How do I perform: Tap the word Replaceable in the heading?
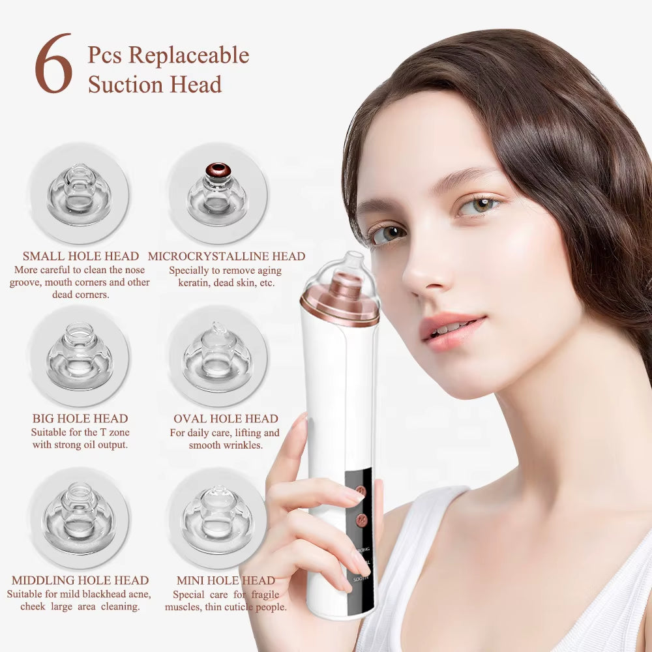pyautogui.click(x=189, y=55)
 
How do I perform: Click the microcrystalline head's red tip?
pyautogui.click(x=218, y=171)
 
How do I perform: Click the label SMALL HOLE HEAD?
pyautogui.click(x=81, y=256)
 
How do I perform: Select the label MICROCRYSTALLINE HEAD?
pyautogui.click(x=226, y=256)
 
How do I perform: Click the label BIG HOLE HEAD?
pyautogui.click(x=80, y=419)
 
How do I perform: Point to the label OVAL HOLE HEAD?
pyautogui.click(x=226, y=419)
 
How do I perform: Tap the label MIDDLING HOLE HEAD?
pyautogui.click(x=80, y=580)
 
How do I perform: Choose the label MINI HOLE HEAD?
pyautogui.click(x=226, y=580)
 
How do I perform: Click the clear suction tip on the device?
pyautogui.click(x=353, y=264)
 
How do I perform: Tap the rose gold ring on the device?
pyautogui.click(x=340, y=310)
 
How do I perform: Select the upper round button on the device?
pyautogui.click(x=359, y=489)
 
